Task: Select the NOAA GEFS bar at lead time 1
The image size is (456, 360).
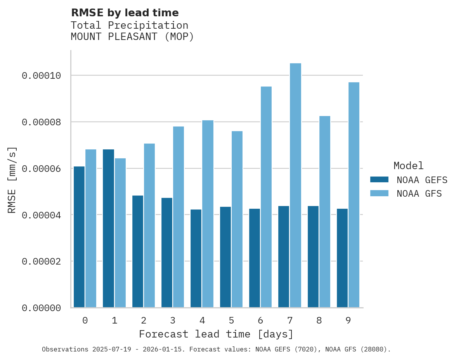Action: coord(109,228)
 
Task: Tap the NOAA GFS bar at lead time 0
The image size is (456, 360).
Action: coord(91,228)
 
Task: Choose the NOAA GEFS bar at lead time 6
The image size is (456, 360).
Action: coord(255,258)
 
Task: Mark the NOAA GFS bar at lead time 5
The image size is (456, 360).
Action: coord(237,219)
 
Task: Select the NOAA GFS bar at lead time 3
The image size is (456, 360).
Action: coord(179,217)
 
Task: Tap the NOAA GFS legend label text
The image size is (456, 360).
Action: coord(419,194)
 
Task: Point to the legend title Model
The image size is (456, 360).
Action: coord(408,166)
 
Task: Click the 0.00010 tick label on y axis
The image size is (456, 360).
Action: coord(42,76)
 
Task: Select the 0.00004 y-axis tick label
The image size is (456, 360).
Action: coord(42,215)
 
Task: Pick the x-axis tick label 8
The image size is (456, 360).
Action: coord(319,321)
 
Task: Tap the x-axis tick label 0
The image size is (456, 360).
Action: coord(85,321)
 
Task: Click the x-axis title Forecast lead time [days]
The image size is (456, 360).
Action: coord(216,334)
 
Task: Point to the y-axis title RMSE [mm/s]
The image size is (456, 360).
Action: coord(12,180)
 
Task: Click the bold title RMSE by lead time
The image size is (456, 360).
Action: coord(125,13)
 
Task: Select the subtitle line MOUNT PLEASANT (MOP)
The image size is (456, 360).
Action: coord(132,37)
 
